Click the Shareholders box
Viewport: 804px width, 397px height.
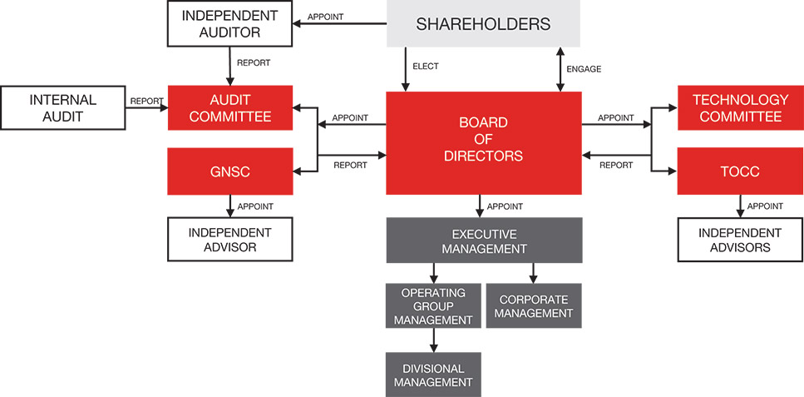(x=483, y=24)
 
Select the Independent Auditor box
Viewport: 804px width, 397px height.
(x=229, y=23)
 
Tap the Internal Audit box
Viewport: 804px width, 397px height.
(x=63, y=108)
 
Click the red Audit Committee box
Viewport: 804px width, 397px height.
(x=230, y=108)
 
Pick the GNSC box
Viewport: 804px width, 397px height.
(x=230, y=171)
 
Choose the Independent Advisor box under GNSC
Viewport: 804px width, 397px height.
(x=230, y=239)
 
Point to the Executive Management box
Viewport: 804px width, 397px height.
(x=483, y=240)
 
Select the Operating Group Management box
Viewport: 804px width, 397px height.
(x=433, y=305)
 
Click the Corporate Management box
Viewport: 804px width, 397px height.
(x=533, y=305)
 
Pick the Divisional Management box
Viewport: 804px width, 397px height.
(x=433, y=375)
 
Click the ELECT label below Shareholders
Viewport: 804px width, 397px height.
(x=425, y=66)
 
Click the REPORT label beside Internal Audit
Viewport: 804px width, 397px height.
(x=146, y=102)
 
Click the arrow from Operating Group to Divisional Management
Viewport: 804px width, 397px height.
(x=433, y=340)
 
